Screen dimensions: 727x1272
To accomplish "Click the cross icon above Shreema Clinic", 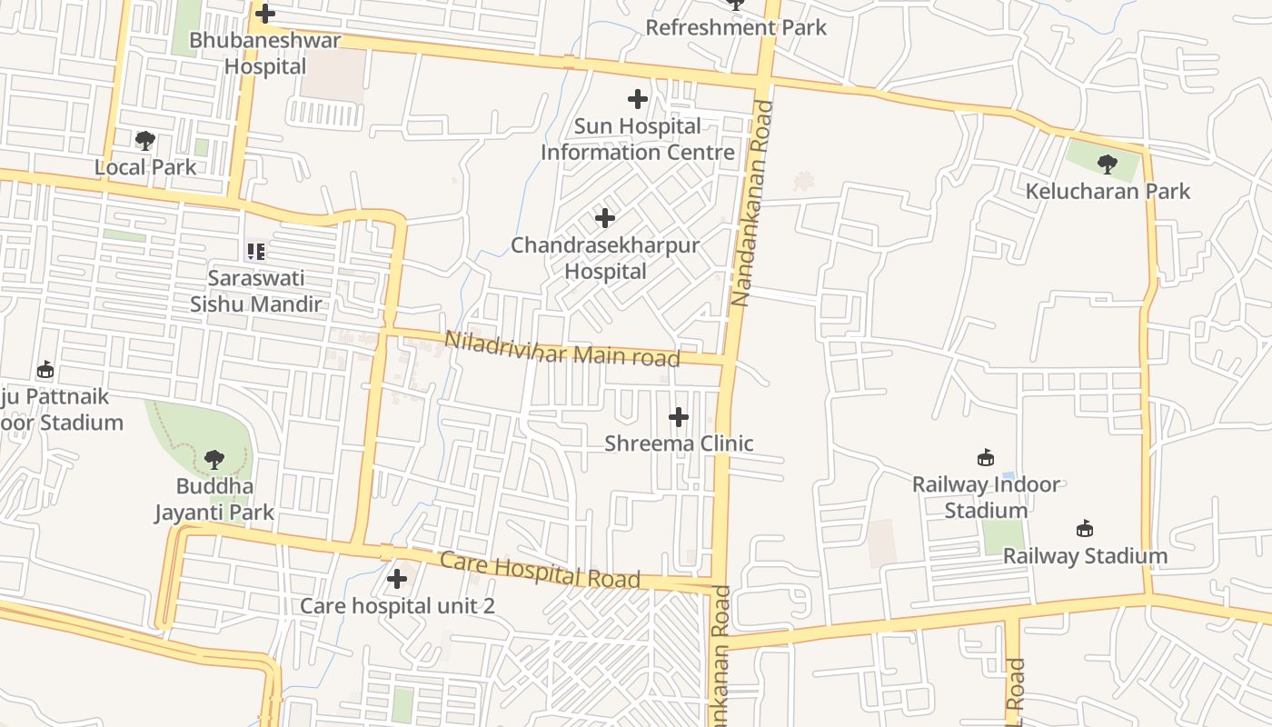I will click(679, 417).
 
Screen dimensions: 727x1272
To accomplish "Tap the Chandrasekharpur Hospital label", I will click(605, 258).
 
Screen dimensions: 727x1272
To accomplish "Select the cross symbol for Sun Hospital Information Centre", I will click(638, 99).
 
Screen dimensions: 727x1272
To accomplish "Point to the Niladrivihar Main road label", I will click(561, 350).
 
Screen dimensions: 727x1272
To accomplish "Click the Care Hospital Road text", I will click(540, 569).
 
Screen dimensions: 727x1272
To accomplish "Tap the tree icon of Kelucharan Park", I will click(1107, 164).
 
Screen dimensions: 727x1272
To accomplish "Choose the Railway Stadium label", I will click(1085, 555).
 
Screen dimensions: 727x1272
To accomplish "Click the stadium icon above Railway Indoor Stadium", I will click(985, 457).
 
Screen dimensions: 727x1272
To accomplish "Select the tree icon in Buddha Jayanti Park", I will click(214, 460).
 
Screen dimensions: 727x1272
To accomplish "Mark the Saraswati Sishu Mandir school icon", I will click(256, 252).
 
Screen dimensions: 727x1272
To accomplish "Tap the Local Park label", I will click(145, 167).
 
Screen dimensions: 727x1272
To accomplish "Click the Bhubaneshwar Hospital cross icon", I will click(265, 14).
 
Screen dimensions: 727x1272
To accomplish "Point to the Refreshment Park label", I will click(736, 27).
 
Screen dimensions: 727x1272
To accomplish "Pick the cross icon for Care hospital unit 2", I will click(397, 578).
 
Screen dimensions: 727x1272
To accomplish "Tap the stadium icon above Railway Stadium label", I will click(1084, 528).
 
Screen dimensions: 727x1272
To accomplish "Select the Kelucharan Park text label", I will click(1108, 191).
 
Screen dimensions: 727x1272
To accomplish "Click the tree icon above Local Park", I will click(144, 140).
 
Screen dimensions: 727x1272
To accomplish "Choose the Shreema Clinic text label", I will click(679, 443).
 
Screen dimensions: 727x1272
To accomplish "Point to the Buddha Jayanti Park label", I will click(214, 499).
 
